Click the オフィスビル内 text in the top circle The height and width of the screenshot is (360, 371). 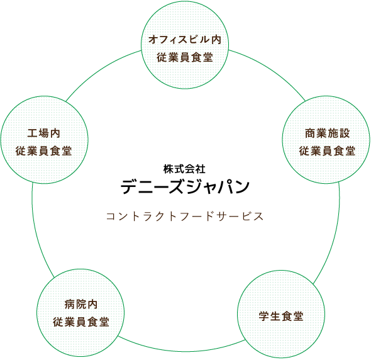pyautogui.click(x=185, y=40)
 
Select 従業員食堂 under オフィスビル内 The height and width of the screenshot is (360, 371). pyautogui.click(x=185, y=57)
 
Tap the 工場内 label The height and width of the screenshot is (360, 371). pyautogui.click(x=43, y=133)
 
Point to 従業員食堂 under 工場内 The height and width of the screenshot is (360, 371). pyautogui.click(x=43, y=151)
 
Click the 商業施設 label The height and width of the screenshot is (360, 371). pyautogui.click(x=327, y=133)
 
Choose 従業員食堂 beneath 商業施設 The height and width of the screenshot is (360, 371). pyautogui.click(x=327, y=151)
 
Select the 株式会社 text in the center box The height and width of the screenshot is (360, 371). pyautogui.click(x=185, y=169)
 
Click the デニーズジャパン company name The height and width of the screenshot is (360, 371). pyautogui.click(x=185, y=187)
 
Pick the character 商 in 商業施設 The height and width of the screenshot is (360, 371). pyautogui.click(x=310, y=133)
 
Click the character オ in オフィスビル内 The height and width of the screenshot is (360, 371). pyautogui.click(x=153, y=40)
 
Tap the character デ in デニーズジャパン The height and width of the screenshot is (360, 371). pyautogui.click(x=130, y=187)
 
